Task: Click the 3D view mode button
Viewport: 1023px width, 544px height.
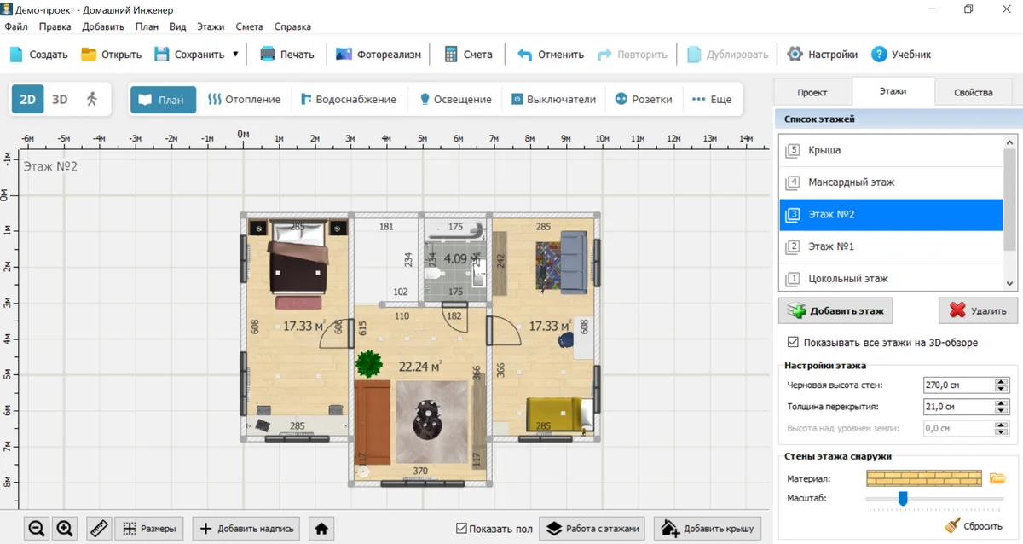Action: coord(60,99)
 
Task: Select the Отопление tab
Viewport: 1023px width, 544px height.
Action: coord(245,99)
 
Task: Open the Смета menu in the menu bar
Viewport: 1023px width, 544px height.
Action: coord(249,26)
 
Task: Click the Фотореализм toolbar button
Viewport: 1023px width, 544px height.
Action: coord(379,55)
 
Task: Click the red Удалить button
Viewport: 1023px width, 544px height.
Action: coord(978,310)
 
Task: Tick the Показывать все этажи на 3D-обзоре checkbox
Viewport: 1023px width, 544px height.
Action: coord(793,342)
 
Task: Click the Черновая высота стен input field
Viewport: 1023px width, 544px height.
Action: coord(958,385)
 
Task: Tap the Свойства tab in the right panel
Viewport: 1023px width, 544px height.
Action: coord(974,92)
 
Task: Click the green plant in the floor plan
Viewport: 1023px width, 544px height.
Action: coord(368,363)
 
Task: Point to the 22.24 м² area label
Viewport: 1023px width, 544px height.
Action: coord(419,367)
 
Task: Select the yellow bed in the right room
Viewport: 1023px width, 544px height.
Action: coord(559,414)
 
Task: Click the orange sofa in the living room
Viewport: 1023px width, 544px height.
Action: coord(373,423)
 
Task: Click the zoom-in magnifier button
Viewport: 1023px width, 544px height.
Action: coord(65,529)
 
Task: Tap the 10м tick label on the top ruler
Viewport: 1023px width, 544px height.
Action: coord(602,138)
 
